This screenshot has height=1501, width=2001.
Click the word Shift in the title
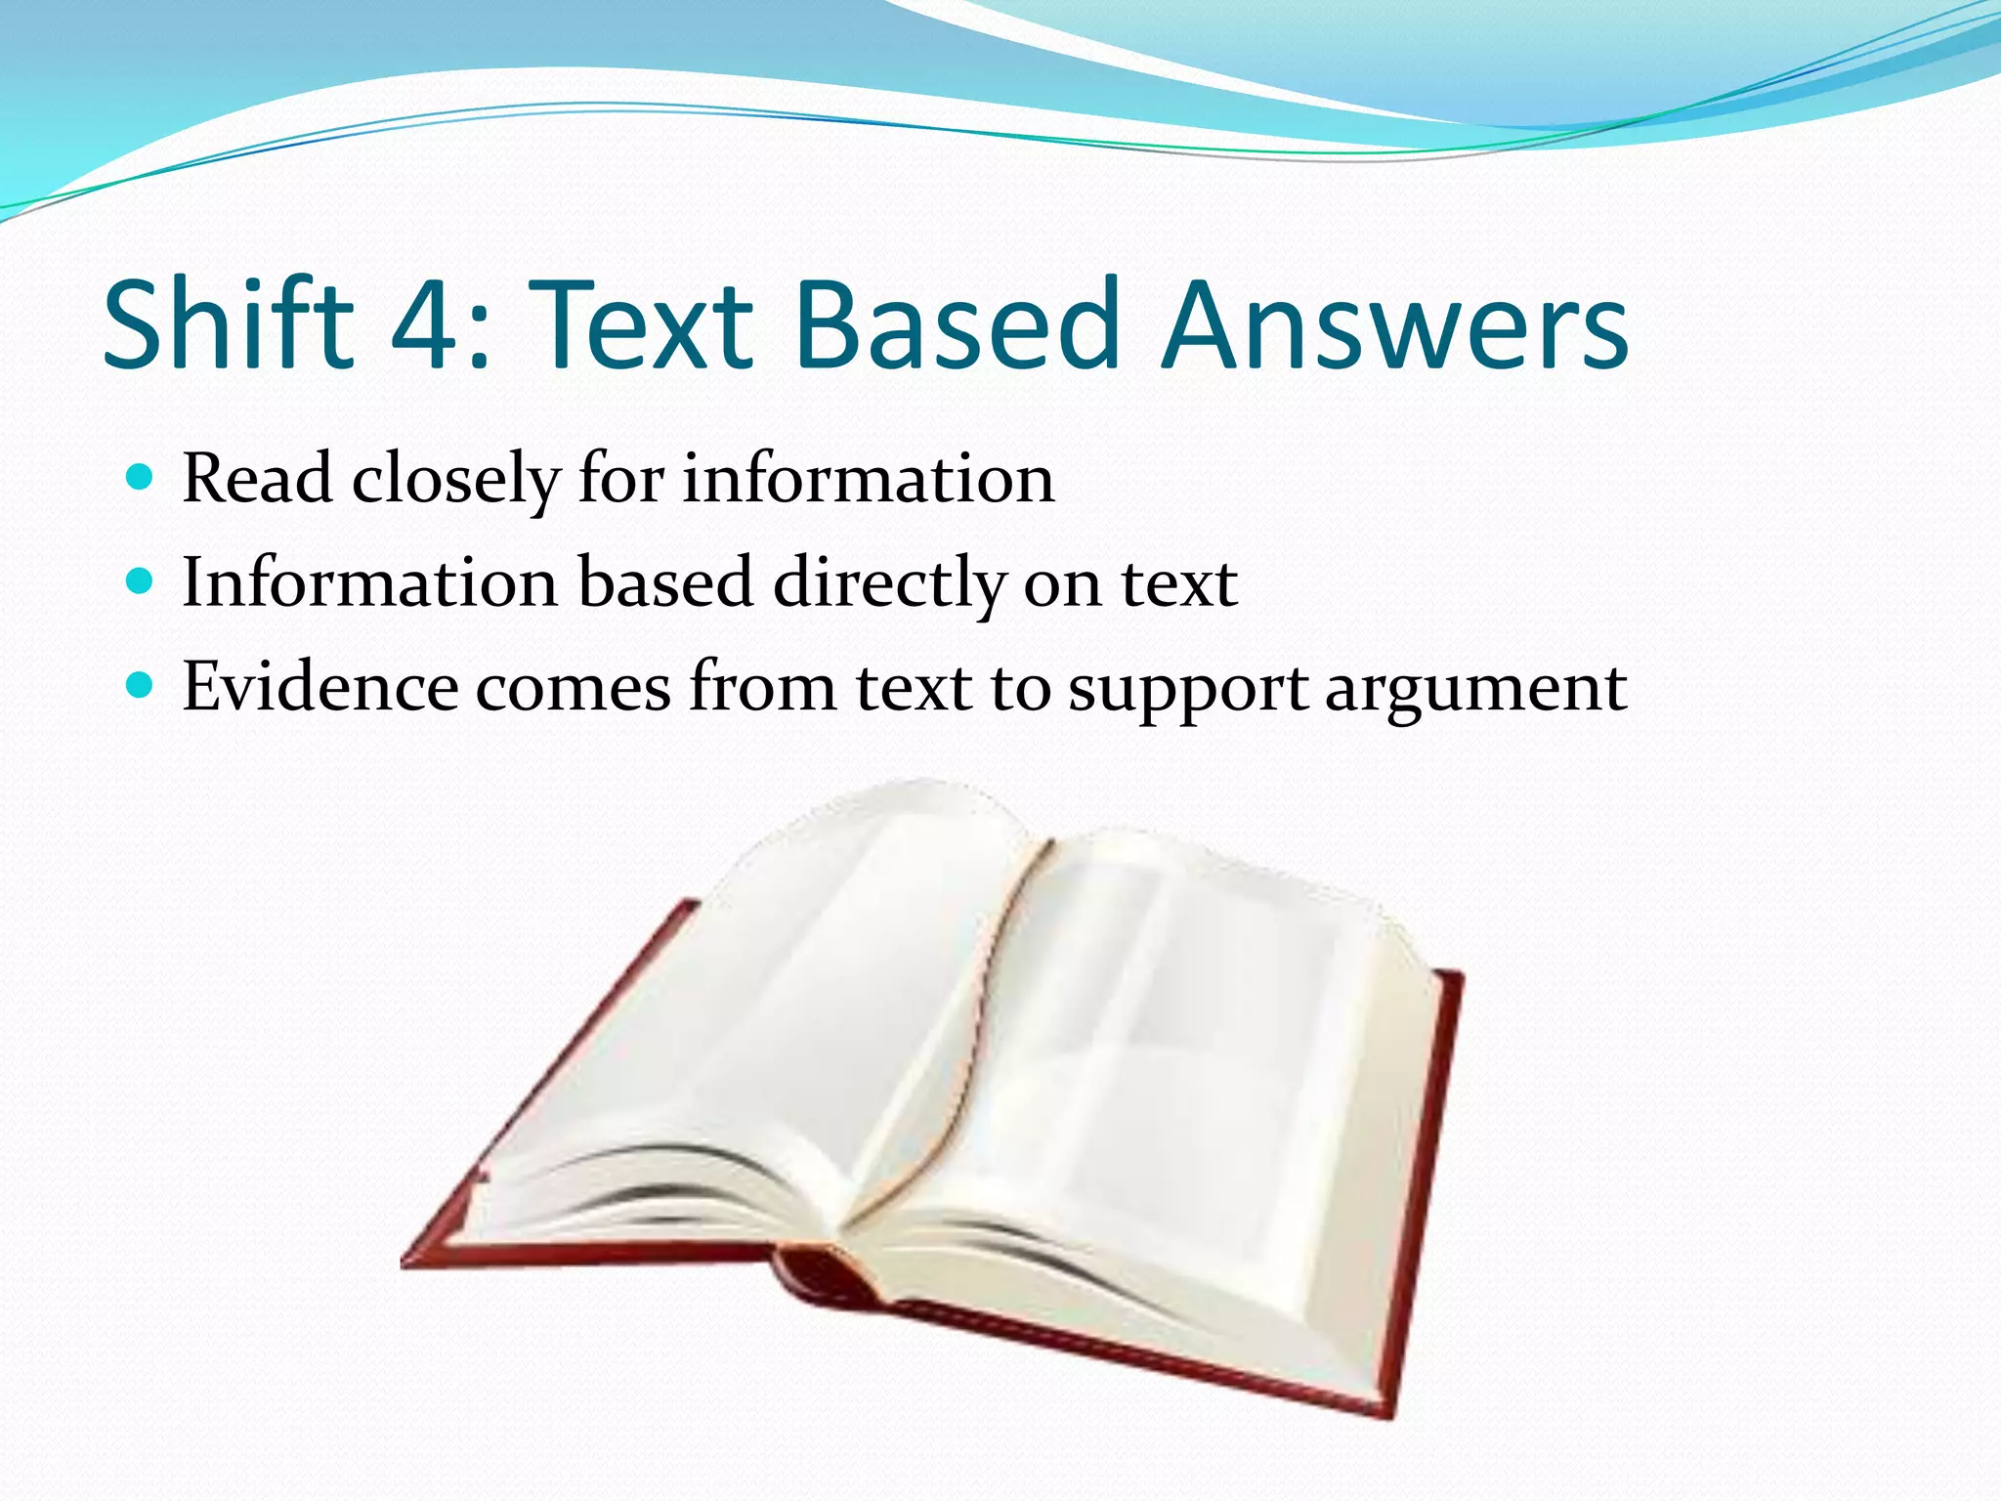228,324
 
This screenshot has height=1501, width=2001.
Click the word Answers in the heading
1394,324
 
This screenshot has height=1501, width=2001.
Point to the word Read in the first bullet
257,478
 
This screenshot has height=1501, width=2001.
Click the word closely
455,480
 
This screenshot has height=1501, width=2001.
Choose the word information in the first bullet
868,478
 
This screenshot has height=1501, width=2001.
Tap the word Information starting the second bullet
370,582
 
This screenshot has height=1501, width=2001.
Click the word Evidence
319,686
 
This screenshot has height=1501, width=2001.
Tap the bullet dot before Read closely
141,478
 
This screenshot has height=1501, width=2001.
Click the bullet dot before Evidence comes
141,686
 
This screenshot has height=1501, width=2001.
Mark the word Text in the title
646,324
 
